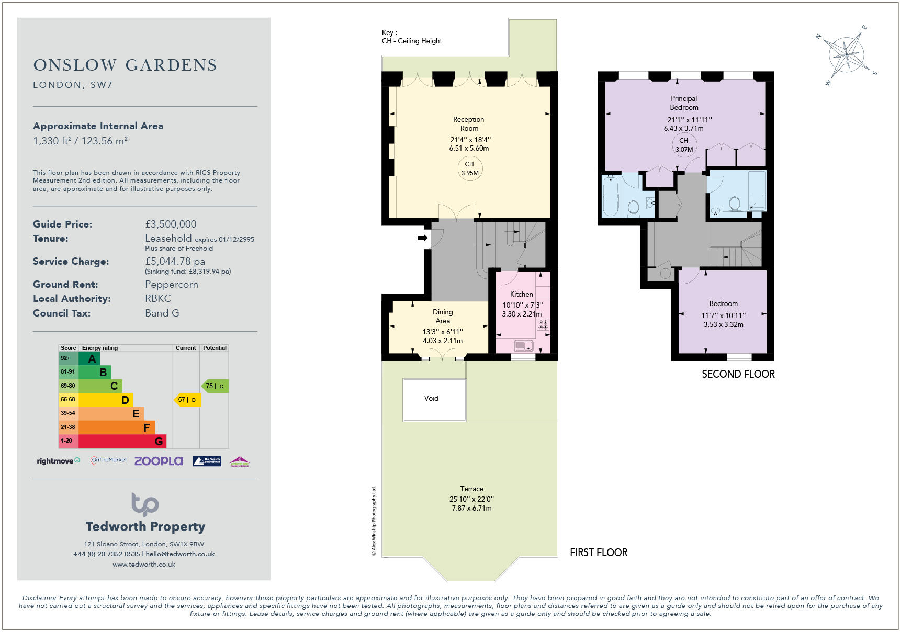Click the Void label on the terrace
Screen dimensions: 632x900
(x=431, y=398)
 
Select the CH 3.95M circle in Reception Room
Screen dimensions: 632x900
(x=469, y=168)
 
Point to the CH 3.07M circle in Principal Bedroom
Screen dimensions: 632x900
(x=684, y=145)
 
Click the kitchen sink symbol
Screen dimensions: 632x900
(x=523, y=346)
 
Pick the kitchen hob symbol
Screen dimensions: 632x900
(x=543, y=325)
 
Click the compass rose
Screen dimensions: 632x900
(x=846, y=55)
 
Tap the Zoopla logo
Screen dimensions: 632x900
(x=159, y=461)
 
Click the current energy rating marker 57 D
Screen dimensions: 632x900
(x=187, y=400)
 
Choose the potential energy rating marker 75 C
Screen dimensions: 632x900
(x=215, y=386)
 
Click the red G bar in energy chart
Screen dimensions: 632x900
(x=122, y=441)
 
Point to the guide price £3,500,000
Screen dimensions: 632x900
(x=171, y=224)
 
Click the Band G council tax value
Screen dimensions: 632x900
(x=162, y=313)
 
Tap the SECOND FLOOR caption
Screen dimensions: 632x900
(x=738, y=374)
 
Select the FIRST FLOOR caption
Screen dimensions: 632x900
(x=598, y=552)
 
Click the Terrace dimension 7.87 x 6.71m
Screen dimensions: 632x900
(x=471, y=508)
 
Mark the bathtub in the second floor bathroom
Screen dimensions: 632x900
(x=610, y=197)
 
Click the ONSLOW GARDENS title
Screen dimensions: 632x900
(x=125, y=65)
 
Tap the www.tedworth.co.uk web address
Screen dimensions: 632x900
(x=144, y=565)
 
